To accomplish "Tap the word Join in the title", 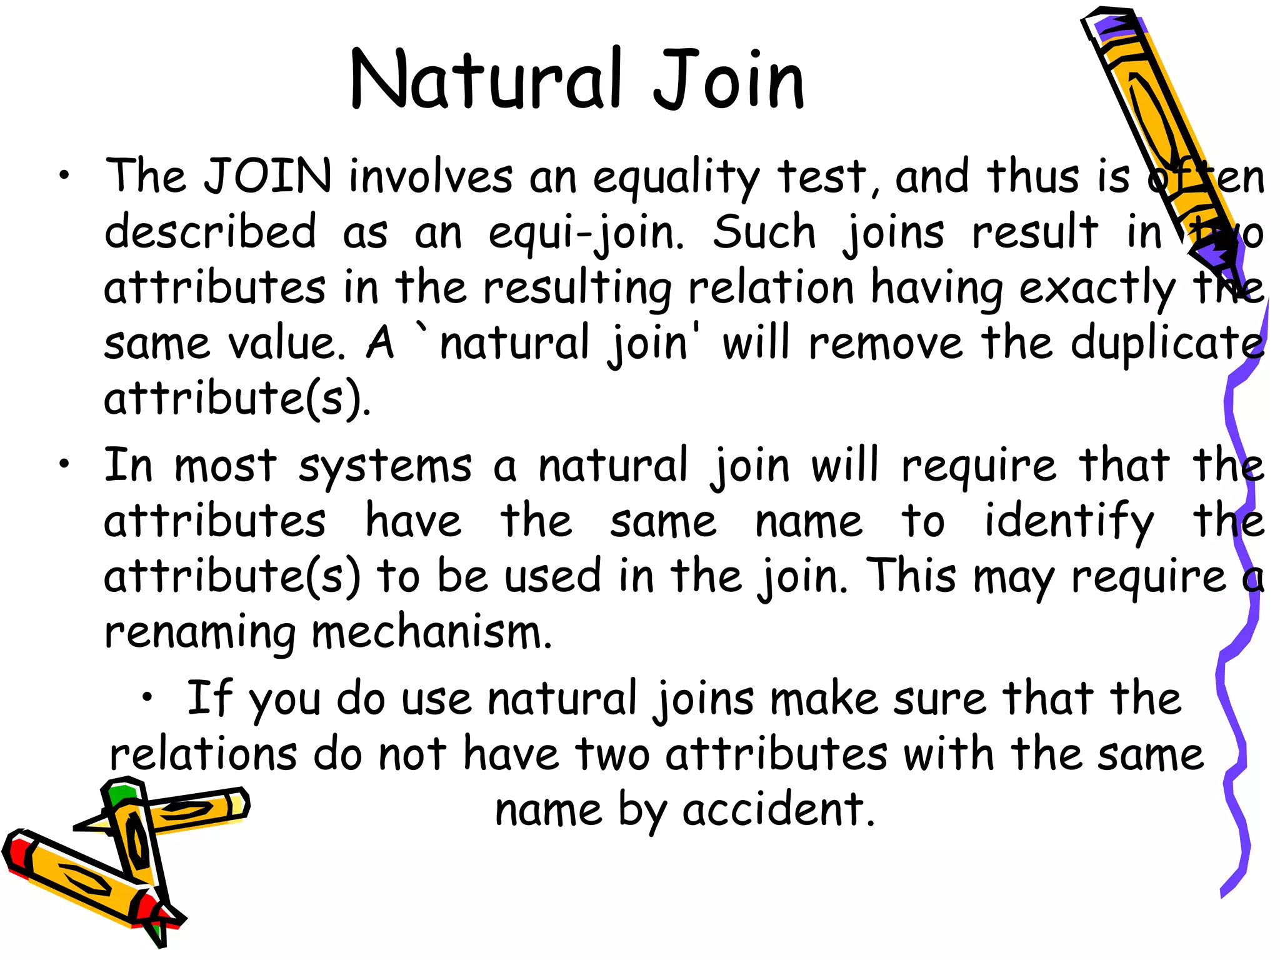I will coord(729,80).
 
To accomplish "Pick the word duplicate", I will coord(1166,344).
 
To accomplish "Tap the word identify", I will coord(1069,522).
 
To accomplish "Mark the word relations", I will coord(203,754).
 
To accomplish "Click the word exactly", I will coord(1097,289).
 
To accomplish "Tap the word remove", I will coord(885,344).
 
